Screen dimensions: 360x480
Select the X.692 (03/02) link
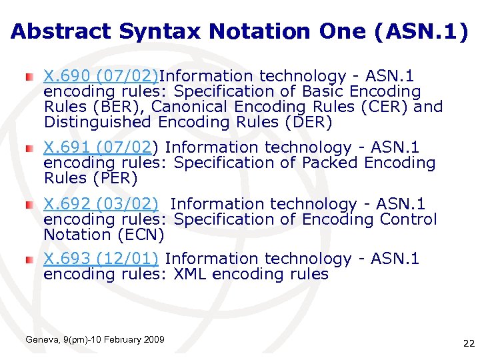click(101, 204)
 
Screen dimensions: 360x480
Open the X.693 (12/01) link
click(101, 259)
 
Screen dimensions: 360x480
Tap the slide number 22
click(468, 343)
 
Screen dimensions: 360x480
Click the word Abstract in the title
click(61, 31)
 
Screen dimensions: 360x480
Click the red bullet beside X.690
click(29, 77)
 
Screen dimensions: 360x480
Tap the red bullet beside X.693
click(29, 260)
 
